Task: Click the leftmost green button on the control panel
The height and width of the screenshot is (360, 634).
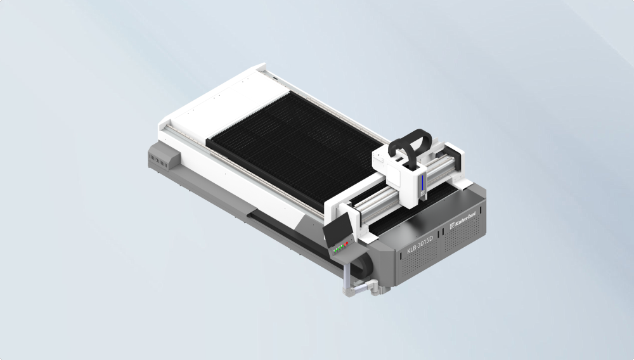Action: coord(335,251)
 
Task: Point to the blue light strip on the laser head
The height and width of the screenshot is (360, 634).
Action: coord(420,185)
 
